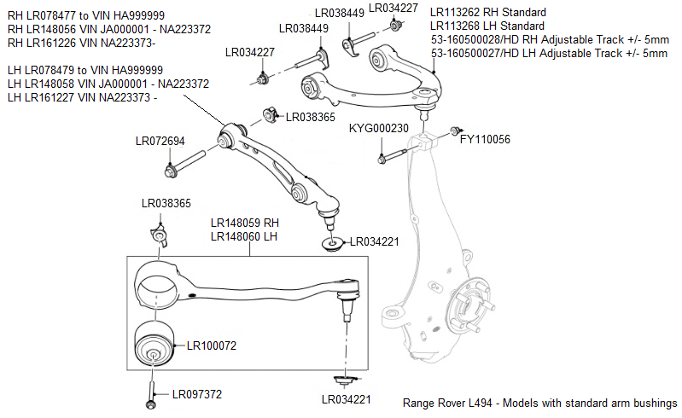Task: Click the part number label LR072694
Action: click(160, 141)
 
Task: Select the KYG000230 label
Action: click(379, 129)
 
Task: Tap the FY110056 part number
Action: click(485, 138)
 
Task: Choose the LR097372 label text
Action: click(196, 394)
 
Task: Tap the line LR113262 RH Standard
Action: click(487, 13)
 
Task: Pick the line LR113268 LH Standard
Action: click(487, 26)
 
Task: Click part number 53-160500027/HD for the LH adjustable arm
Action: click(549, 53)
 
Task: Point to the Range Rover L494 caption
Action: click(539, 403)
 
